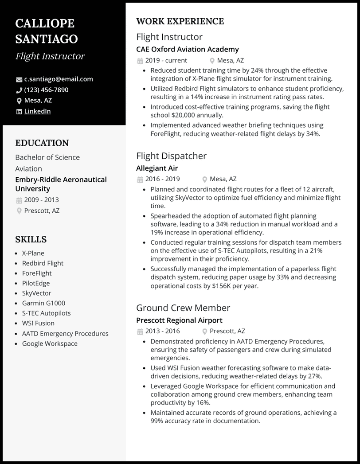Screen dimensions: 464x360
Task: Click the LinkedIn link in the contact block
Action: (37, 111)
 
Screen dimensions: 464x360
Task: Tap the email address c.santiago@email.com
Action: (59, 79)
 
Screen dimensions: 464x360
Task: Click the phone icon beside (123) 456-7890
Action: (19, 90)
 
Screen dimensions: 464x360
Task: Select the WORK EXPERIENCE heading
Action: (180, 21)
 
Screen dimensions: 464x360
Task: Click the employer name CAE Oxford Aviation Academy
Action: (187, 49)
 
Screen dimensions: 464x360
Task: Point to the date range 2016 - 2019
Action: (163, 179)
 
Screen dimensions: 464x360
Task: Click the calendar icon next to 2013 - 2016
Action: (140, 331)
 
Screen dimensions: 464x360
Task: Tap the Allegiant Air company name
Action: (157, 168)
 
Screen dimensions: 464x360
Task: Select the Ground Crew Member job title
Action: (183, 308)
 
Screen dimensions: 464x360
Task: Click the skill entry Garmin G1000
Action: (43, 303)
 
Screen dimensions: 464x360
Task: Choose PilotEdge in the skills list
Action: (36, 283)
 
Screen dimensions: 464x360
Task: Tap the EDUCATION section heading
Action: (42, 143)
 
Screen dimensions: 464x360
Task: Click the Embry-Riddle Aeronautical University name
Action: (61, 184)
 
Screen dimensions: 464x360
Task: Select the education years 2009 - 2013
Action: (41, 200)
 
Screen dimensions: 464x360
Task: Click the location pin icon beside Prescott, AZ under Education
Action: (19, 211)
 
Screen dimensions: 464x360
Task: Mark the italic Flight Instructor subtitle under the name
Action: (50, 56)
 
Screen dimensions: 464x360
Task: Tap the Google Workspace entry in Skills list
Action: (50, 343)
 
